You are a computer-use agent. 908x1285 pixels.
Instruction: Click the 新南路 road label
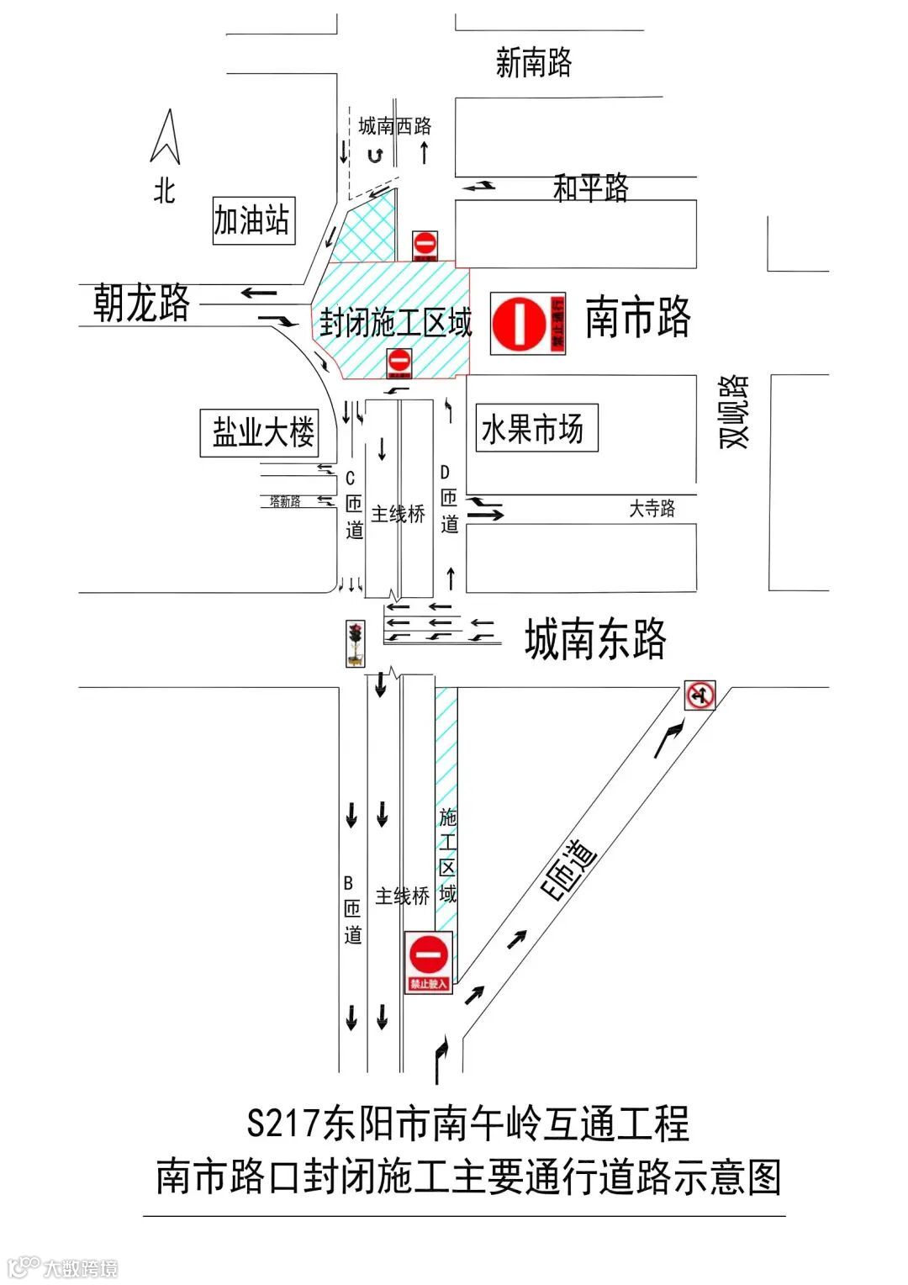pos(534,63)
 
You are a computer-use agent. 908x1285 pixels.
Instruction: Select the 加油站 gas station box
pos(253,221)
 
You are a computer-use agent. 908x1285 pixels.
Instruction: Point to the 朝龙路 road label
pos(141,303)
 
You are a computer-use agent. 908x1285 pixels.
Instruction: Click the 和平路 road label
pos(591,188)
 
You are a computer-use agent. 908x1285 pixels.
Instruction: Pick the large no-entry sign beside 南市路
pos(528,324)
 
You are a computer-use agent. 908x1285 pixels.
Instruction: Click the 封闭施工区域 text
pos(395,323)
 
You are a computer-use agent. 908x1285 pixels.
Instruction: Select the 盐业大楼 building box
pos(260,433)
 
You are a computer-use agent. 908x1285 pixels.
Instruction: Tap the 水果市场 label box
pos(536,429)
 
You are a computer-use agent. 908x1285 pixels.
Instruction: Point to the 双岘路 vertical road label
pos(733,411)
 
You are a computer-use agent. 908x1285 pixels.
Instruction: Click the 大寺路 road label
pos(652,509)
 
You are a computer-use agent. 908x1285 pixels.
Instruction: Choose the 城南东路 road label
pos(595,639)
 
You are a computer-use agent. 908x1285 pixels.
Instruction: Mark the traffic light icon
pos(356,643)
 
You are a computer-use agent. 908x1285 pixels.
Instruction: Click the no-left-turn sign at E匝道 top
pos(699,695)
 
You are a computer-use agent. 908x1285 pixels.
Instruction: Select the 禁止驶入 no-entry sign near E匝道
pos(429,962)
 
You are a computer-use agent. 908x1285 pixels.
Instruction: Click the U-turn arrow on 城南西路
pos(375,156)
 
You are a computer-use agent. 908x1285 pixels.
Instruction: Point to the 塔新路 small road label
pos(285,502)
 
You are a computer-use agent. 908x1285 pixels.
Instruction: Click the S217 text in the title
pos(285,1124)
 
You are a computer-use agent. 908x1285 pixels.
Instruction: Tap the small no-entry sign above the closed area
pos(425,246)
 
